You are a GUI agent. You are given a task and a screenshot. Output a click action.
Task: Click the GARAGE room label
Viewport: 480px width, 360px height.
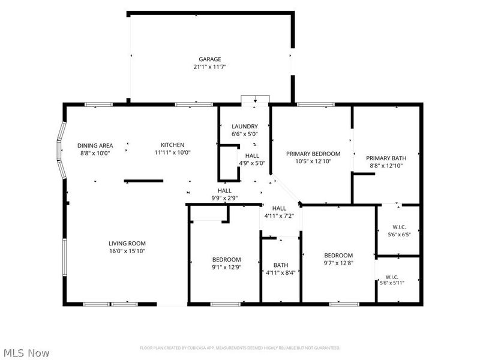[x=209, y=59]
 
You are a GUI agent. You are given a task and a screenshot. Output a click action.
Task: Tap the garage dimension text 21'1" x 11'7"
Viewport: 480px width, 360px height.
[x=209, y=67]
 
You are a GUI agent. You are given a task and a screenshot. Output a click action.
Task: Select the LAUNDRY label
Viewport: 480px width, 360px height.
[x=245, y=126]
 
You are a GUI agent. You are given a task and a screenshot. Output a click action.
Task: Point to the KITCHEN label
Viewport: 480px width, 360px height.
[x=173, y=145]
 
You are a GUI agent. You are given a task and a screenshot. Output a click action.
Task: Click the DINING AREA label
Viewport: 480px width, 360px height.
[x=95, y=146]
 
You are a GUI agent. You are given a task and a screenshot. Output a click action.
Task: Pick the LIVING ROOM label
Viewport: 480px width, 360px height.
[x=127, y=244]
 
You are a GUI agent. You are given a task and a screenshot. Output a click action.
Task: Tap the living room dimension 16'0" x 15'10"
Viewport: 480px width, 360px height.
[x=127, y=251]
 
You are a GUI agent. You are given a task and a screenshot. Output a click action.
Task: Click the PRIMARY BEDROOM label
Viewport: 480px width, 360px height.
[x=313, y=154]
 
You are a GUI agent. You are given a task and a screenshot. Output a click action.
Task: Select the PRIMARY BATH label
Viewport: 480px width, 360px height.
[x=386, y=158]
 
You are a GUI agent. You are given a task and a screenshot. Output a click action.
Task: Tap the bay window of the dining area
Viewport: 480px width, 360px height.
[x=59, y=150]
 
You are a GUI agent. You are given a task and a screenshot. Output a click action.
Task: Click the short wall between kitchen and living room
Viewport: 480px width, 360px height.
[x=143, y=181]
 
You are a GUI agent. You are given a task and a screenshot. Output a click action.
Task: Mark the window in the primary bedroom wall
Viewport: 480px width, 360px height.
[x=316, y=104]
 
